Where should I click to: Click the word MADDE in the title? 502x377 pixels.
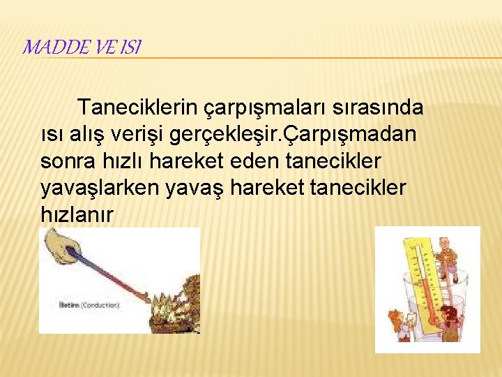(47, 47)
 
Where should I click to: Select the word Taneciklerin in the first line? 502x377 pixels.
(138, 108)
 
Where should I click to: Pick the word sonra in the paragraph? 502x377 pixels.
(66, 161)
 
